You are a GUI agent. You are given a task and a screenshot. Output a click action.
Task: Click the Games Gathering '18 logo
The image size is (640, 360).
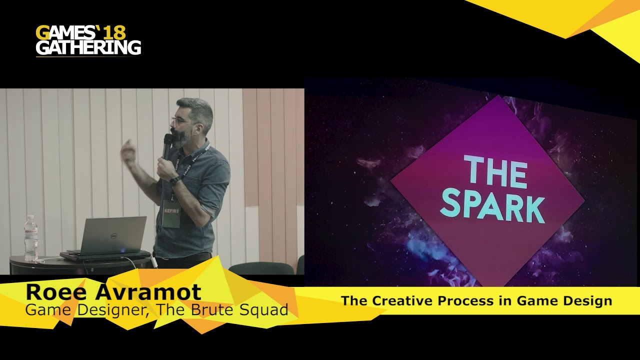coord(88,40)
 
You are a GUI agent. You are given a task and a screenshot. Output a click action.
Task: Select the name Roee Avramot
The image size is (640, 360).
coord(113,292)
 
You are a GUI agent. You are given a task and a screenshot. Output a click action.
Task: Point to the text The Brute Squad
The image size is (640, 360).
coord(222,310)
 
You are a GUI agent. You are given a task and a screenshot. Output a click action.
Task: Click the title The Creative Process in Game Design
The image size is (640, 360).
coord(476,301)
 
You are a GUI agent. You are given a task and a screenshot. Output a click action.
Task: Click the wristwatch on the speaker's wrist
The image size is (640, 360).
coord(174,181)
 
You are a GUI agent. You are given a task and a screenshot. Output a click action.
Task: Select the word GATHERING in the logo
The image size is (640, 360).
coord(88,47)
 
